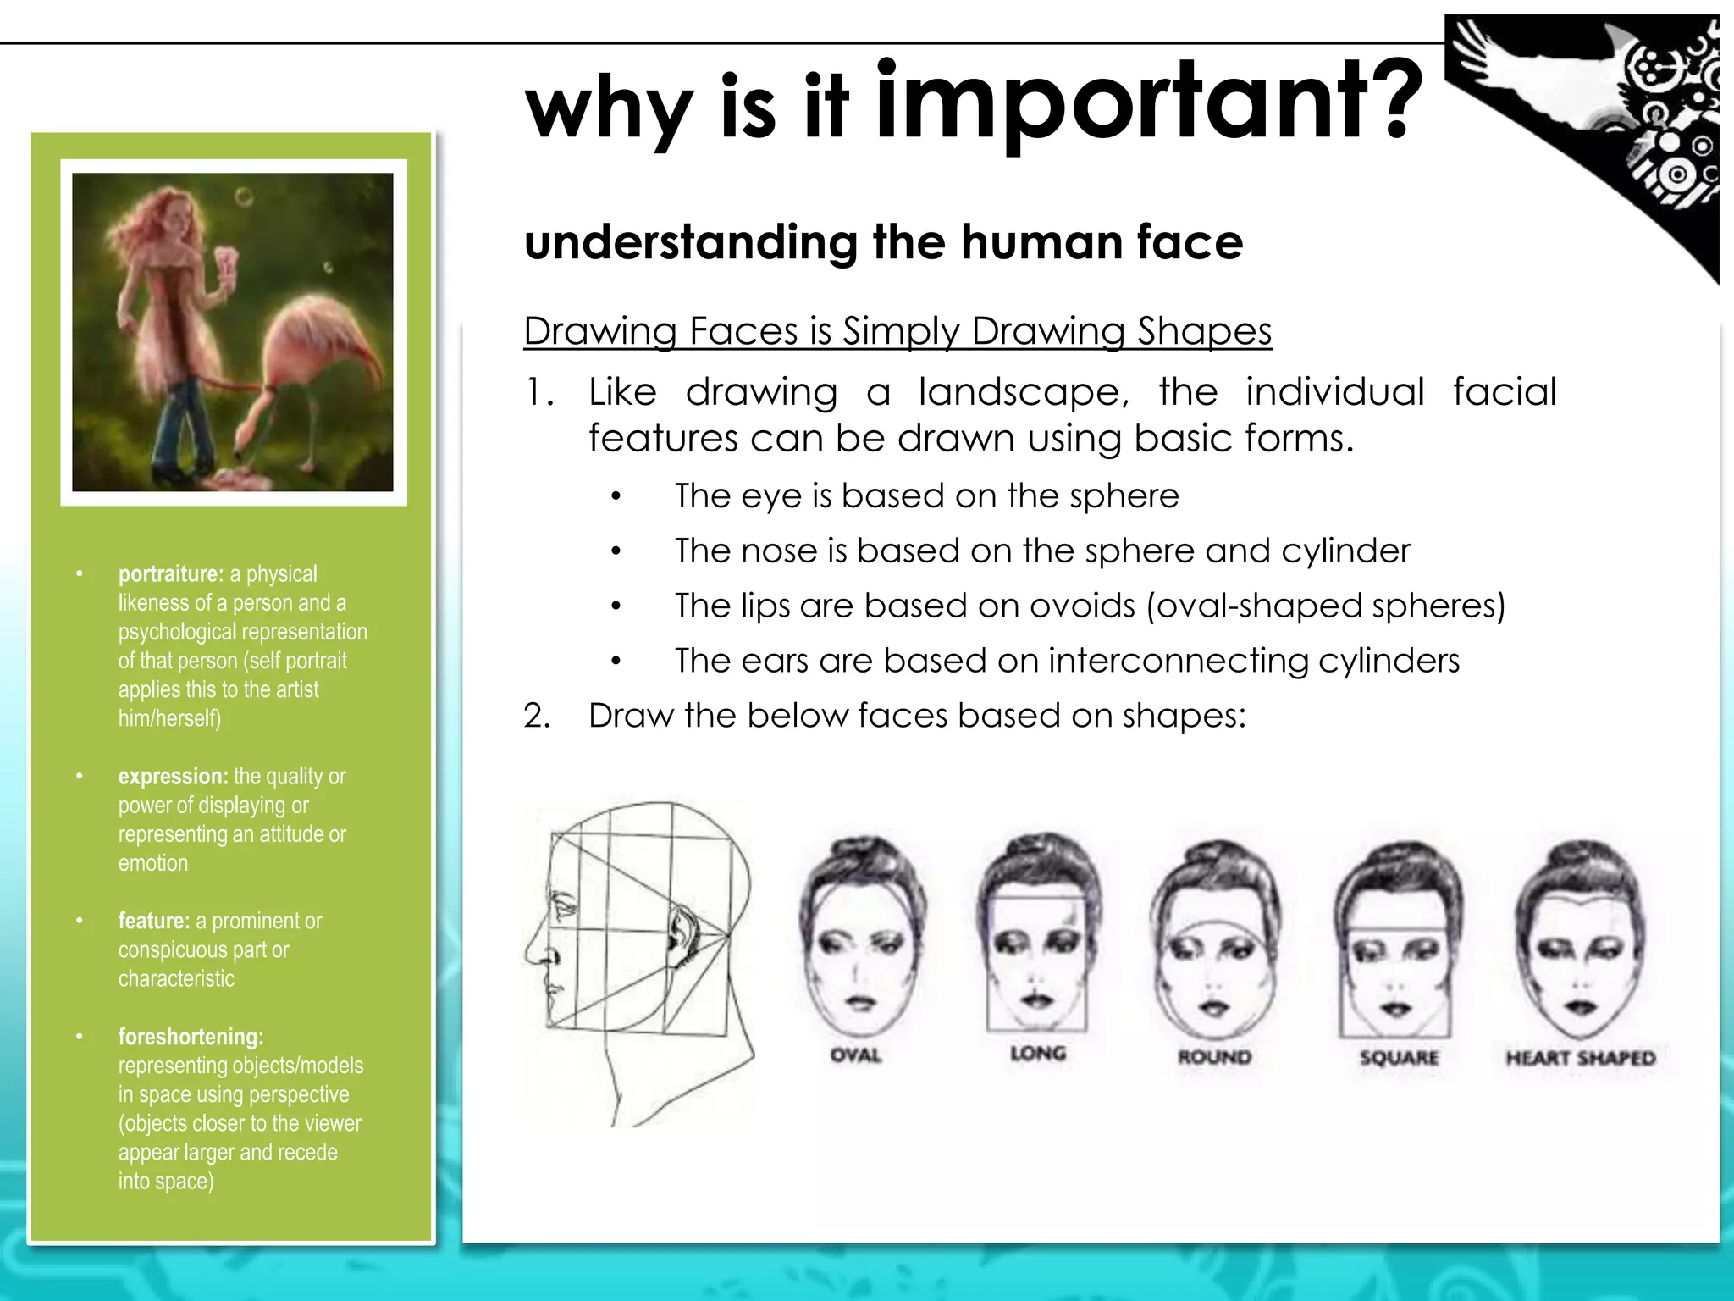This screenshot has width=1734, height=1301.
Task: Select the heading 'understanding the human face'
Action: pyautogui.click(x=883, y=242)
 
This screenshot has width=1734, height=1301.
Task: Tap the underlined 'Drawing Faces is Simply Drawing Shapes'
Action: pyautogui.click(x=897, y=331)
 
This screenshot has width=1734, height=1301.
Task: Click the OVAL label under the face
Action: pyautogui.click(x=856, y=1055)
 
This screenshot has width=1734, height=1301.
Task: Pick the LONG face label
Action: pyautogui.click(x=1038, y=1054)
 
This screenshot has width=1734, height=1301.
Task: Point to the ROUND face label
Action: pyautogui.click(x=1215, y=1057)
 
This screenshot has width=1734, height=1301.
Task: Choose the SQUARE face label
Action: pyautogui.click(x=1399, y=1058)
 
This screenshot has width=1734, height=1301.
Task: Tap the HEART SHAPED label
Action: pyautogui.click(x=1580, y=1058)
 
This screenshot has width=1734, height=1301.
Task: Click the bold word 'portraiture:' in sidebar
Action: pyautogui.click(x=171, y=574)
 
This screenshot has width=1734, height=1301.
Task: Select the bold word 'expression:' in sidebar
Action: pyautogui.click(x=174, y=777)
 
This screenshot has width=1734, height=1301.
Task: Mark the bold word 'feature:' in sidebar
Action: pyautogui.click(x=154, y=921)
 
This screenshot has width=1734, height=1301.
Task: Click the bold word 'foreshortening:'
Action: pyautogui.click(x=191, y=1037)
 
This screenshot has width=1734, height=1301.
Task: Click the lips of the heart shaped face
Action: pyautogui.click(x=1579, y=1007)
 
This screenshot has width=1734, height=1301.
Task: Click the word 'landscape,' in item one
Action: pyautogui.click(x=1024, y=392)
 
